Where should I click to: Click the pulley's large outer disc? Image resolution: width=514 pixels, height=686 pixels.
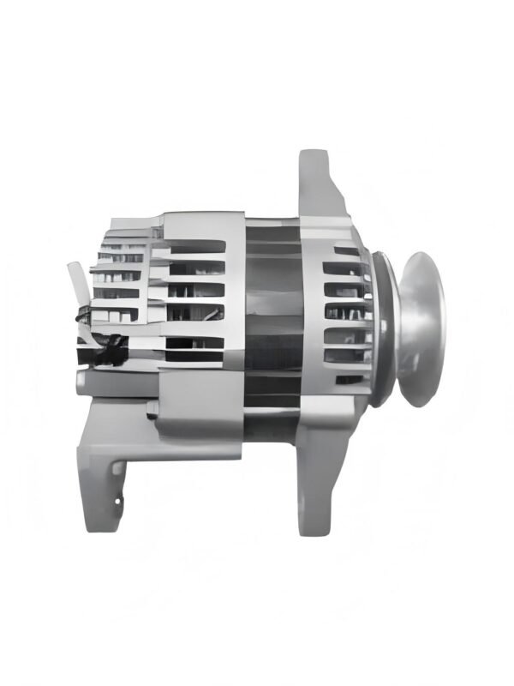pos(422,328)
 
